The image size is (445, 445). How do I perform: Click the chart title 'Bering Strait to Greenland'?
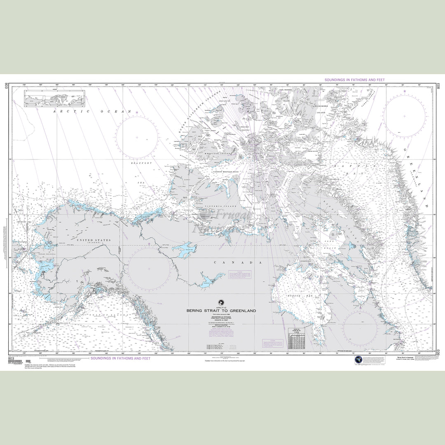tap(221, 311)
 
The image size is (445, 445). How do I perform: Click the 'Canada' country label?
tap(238, 262)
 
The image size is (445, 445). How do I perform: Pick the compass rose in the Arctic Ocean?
tap(137, 137)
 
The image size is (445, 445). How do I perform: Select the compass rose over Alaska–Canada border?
tap(149, 268)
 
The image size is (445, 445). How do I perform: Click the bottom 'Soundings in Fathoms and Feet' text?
tap(120, 358)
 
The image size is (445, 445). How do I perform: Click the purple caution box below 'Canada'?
tap(239, 277)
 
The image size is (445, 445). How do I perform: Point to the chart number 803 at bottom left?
tap(11, 358)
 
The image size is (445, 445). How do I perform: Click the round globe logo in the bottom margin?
tap(358, 360)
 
